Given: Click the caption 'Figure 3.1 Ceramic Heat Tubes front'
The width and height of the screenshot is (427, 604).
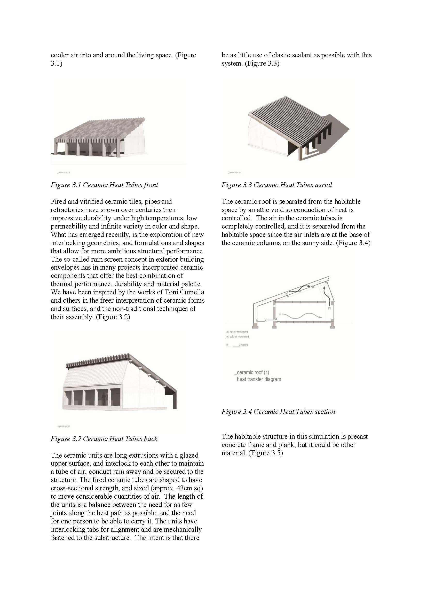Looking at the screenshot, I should (x=104, y=185).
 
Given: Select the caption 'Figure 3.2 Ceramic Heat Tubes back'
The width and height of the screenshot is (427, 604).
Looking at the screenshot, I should (x=104, y=438).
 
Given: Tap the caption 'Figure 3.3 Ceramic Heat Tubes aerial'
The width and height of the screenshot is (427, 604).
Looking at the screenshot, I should (x=276, y=185).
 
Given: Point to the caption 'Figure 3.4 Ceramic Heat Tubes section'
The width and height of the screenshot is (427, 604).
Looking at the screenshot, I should (x=278, y=412).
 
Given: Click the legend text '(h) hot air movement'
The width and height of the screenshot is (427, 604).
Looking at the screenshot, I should (x=237, y=332).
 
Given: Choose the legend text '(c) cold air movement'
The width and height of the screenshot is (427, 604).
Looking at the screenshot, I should (x=238, y=337).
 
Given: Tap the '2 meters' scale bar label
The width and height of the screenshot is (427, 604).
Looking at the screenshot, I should (x=243, y=345).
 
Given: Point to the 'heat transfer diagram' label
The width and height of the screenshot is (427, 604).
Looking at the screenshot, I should (x=259, y=379).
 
